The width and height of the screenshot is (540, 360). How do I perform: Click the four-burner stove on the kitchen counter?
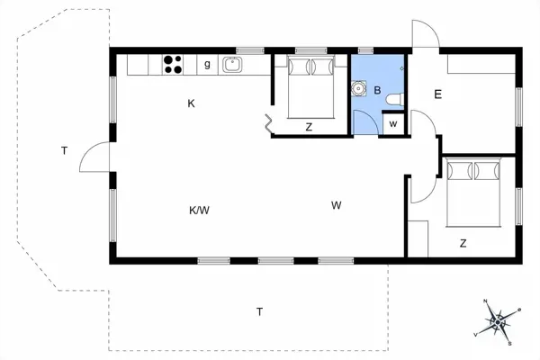pyautogui.click(x=173, y=64)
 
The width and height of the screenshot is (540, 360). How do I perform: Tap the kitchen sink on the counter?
pyautogui.click(x=232, y=64)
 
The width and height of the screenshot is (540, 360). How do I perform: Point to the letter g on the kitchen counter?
pyautogui.click(x=207, y=64)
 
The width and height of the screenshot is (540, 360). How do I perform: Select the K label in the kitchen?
pyautogui.click(x=192, y=103)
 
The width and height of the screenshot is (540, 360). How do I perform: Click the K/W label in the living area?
pyautogui.click(x=199, y=211)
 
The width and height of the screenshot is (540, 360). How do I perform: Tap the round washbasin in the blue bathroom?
pyautogui.click(x=360, y=89)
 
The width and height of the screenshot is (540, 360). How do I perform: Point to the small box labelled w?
pyautogui.click(x=392, y=123)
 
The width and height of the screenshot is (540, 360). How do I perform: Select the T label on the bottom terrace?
pyautogui.click(x=259, y=312)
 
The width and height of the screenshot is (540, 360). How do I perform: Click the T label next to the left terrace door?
pyautogui.click(x=65, y=151)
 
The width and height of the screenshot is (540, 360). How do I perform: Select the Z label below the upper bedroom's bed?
pyautogui.click(x=309, y=128)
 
